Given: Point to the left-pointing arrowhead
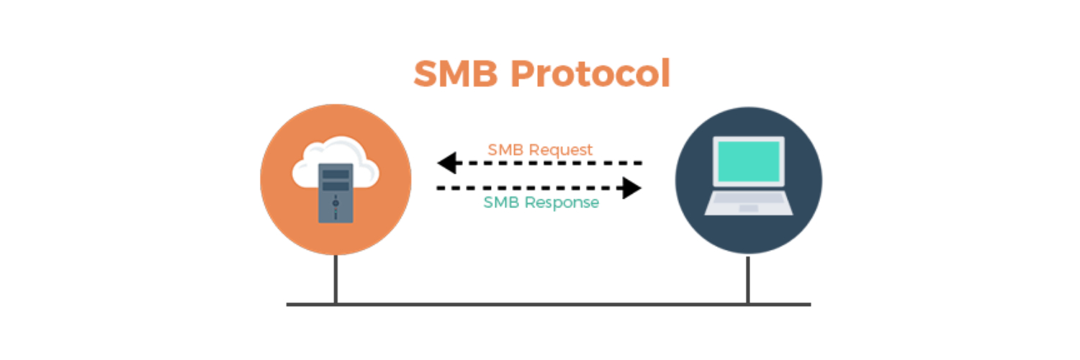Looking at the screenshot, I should [x=446, y=163].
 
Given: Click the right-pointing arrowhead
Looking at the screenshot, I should [x=632, y=189].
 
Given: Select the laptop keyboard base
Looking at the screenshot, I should [x=748, y=203].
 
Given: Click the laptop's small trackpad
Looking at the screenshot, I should [x=748, y=208].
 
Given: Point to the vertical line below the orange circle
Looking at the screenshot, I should [x=336, y=279].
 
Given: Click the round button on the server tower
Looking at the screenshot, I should [x=336, y=204].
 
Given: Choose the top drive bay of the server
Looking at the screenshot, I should [x=336, y=174].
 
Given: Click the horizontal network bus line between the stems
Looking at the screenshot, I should [x=540, y=305].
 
